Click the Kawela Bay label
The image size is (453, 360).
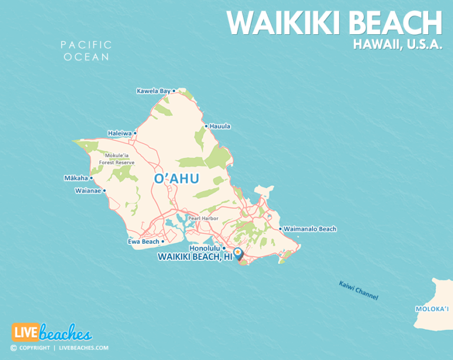153,91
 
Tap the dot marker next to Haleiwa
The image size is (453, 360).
135,133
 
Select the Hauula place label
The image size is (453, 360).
220,126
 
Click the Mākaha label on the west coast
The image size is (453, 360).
75,178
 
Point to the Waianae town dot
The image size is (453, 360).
104,191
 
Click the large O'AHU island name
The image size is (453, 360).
176,179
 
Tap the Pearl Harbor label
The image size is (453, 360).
203,218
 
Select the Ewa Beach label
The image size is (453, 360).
143,241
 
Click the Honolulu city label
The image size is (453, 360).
205,248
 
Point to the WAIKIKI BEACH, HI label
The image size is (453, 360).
195,257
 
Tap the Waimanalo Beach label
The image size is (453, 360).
310,229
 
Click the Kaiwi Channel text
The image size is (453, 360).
358,291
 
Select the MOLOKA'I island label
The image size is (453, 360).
432,309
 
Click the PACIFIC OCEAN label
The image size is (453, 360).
86,51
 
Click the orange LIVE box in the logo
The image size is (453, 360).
25,332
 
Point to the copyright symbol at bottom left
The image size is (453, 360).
14,348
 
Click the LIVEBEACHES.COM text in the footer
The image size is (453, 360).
83,348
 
